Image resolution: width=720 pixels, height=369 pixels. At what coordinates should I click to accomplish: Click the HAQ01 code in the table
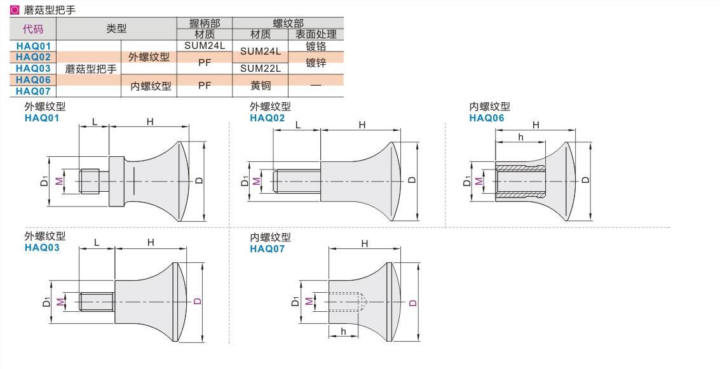tap(33, 46)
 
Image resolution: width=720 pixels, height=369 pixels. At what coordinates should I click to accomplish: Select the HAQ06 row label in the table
tap(33, 80)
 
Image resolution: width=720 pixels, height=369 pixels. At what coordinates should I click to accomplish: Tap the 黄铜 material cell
tap(261, 85)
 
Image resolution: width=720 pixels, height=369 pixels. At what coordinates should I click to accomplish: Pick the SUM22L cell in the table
tap(261, 69)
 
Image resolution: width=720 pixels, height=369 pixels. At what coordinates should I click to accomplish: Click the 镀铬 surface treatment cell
tap(316, 46)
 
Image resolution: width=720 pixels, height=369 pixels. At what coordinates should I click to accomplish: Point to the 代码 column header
tap(33, 29)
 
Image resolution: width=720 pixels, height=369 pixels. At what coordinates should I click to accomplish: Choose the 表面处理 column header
tap(316, 34)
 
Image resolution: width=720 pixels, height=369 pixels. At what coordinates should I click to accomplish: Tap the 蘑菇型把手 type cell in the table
tap(91, 69)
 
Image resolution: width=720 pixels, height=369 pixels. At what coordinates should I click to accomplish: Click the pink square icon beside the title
tap(15, 10)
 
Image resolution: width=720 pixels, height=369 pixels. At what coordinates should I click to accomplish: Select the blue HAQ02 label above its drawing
tap(268, 118)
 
